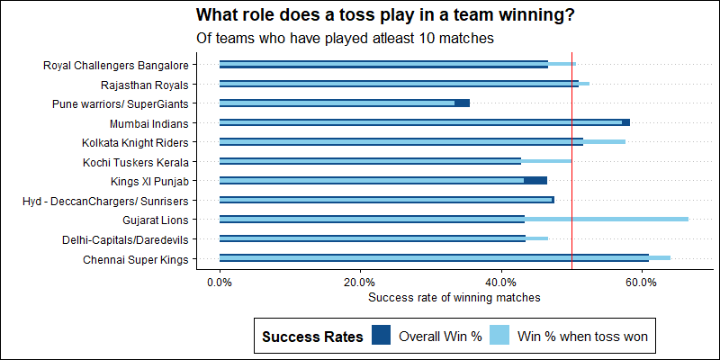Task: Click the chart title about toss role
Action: (385, 15)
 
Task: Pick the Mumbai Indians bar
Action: (424, 122)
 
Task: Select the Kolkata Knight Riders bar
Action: (422, 141)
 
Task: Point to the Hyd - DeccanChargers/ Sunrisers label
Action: (105, 201)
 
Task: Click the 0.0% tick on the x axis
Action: (220, 282)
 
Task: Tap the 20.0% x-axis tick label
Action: (360, 282)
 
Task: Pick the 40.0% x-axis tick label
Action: (501, 282)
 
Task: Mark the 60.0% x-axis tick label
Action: (642, 282)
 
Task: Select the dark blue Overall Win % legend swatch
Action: (381, 337)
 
